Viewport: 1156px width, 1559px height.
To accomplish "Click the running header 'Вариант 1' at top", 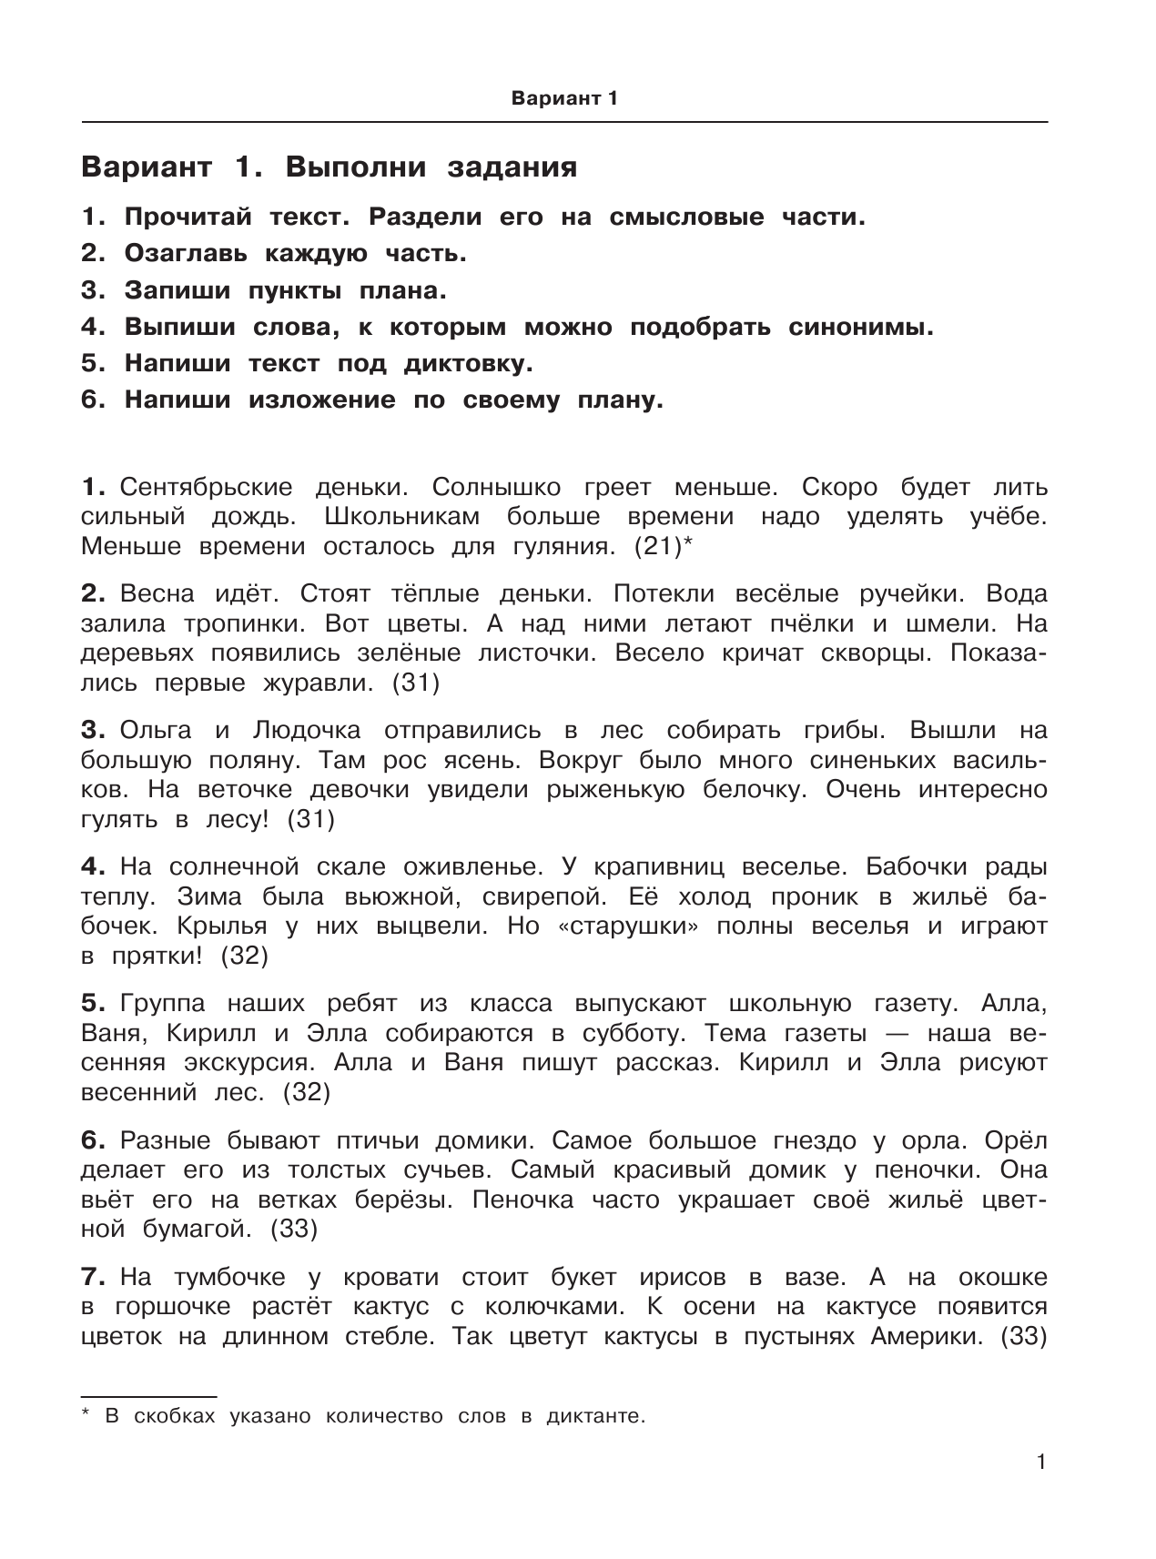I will point(564,98).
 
